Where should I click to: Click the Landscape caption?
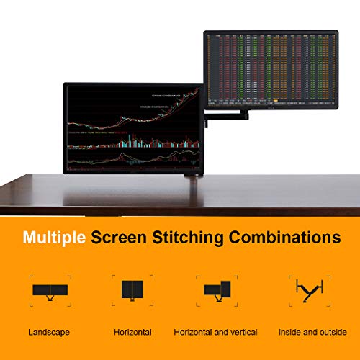[50, 332]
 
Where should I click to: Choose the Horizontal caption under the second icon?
[132, 332]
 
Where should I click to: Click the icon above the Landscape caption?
[50, 291]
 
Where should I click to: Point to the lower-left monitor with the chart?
[132, 129]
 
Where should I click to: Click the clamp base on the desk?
[194, 175]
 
